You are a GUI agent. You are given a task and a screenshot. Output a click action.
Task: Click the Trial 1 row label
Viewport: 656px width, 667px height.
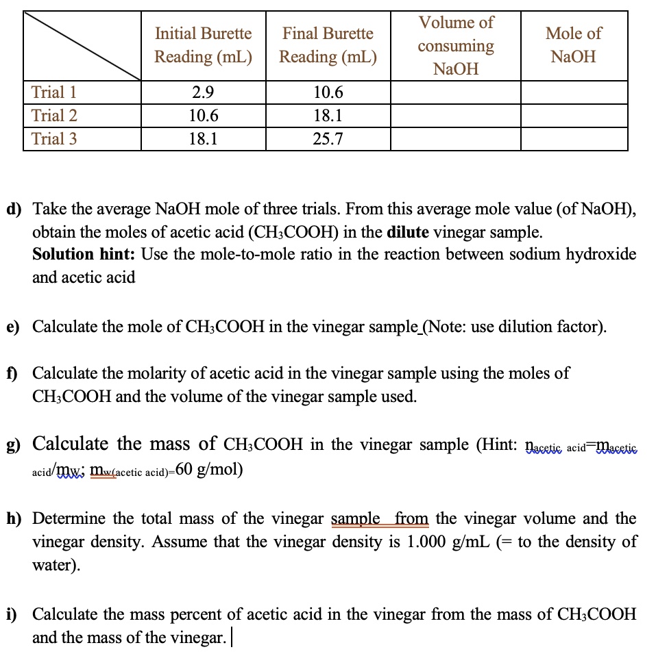(x=54, y=92)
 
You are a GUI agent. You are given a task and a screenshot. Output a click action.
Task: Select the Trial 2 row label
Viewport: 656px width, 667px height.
(x=54, y=116)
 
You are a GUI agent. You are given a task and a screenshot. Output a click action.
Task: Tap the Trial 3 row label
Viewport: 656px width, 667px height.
(x=54, y=139)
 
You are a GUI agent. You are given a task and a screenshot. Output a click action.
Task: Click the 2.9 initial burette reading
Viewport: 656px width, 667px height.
(x=203, y=92)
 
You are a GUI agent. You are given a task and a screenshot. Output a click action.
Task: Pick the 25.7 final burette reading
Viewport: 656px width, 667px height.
(x=328, y=140)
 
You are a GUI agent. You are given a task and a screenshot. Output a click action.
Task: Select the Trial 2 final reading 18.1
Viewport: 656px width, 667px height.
(x=328, y=116)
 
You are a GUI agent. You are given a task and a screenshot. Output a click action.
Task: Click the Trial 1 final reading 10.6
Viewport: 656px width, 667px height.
(x=328, y=92)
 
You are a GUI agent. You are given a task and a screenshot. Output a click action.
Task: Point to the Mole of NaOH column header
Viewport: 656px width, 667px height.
(x=574, y=45)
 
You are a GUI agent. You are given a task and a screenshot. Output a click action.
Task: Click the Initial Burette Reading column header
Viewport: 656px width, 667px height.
(x=203, y=45)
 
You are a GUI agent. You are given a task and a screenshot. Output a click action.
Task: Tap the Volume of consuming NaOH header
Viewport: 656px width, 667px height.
(x=456, y=46)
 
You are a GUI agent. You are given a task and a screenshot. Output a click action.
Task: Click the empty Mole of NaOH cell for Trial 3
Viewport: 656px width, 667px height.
(x=574, y=139)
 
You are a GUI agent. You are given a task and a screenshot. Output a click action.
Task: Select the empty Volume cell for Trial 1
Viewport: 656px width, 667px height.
(x=456, y=92)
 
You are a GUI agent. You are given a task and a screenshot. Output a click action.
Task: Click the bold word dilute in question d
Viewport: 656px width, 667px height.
(x=409, y=231)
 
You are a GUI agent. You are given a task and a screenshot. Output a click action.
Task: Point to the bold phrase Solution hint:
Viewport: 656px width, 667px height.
(x=84, y=254)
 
